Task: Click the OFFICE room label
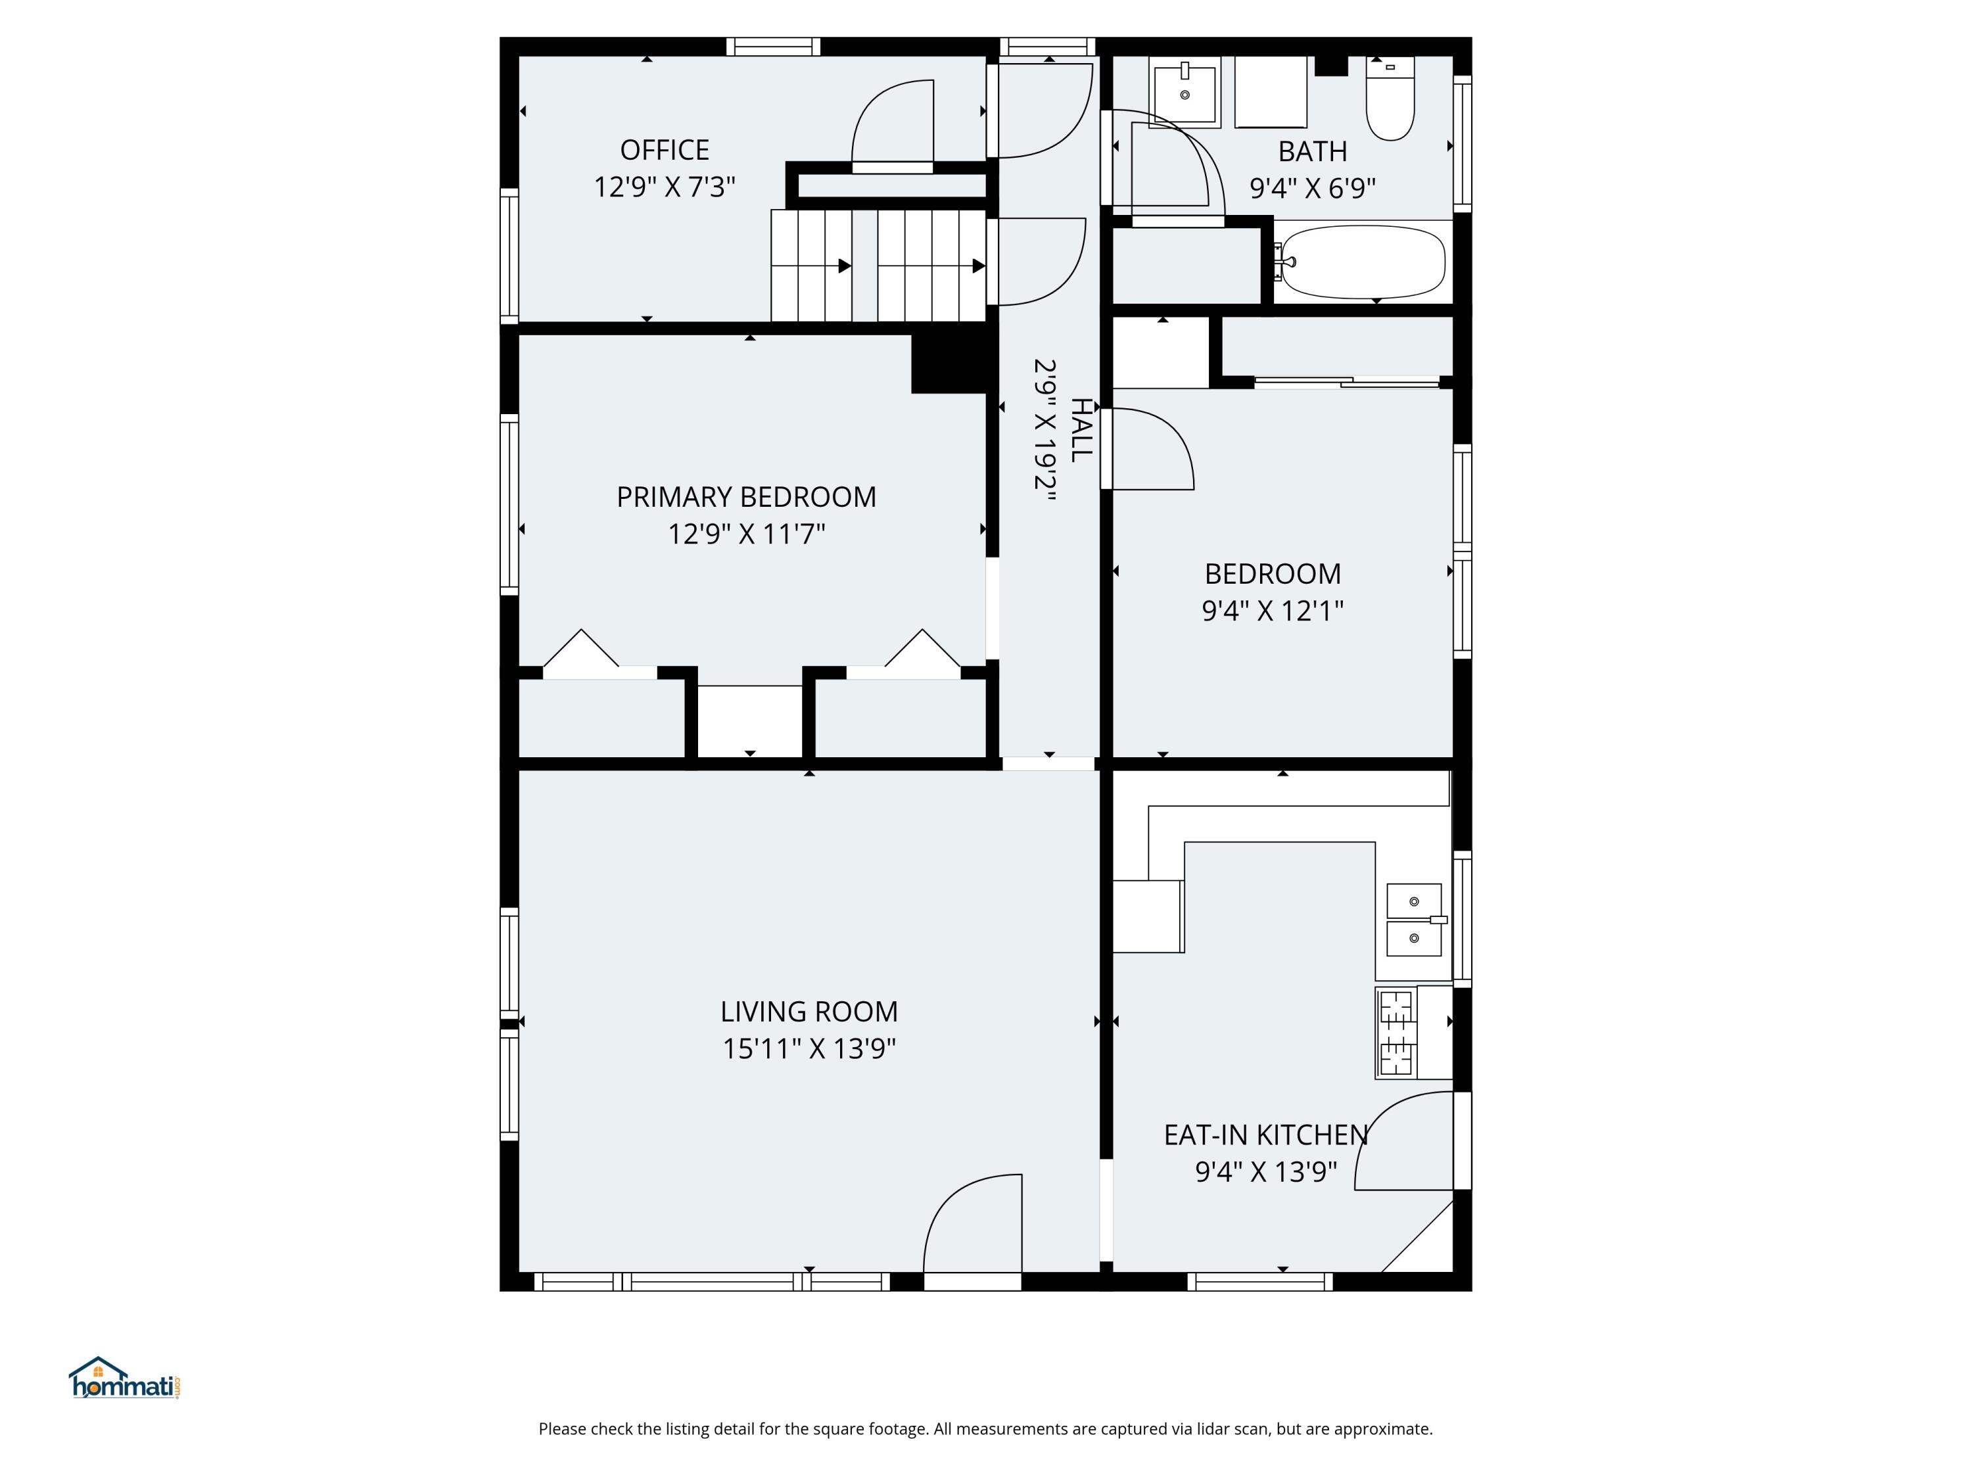click(664, 150)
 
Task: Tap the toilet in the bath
click(1390, 100)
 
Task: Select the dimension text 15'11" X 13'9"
click(809, 1048)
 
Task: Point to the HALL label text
click(1079, 431)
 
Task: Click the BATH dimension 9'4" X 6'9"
click(1312, 188)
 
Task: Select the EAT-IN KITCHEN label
click(1265, 1135)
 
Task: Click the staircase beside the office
click(878, 265)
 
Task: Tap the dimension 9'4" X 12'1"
click(1272, 611)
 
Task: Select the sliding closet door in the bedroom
click(1347, 383)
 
